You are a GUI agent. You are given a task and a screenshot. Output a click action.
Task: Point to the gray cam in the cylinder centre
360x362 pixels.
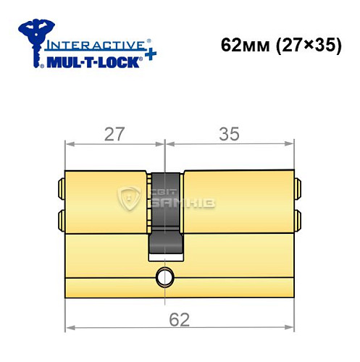[x=166, y=217]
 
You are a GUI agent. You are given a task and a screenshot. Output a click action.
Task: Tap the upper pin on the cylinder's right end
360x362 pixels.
[x=298, y=190]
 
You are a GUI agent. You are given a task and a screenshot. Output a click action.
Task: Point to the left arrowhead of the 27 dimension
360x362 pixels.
[x=68, y=143]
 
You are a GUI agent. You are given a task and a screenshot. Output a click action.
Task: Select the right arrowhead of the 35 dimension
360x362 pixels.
[x=292, y=143]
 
